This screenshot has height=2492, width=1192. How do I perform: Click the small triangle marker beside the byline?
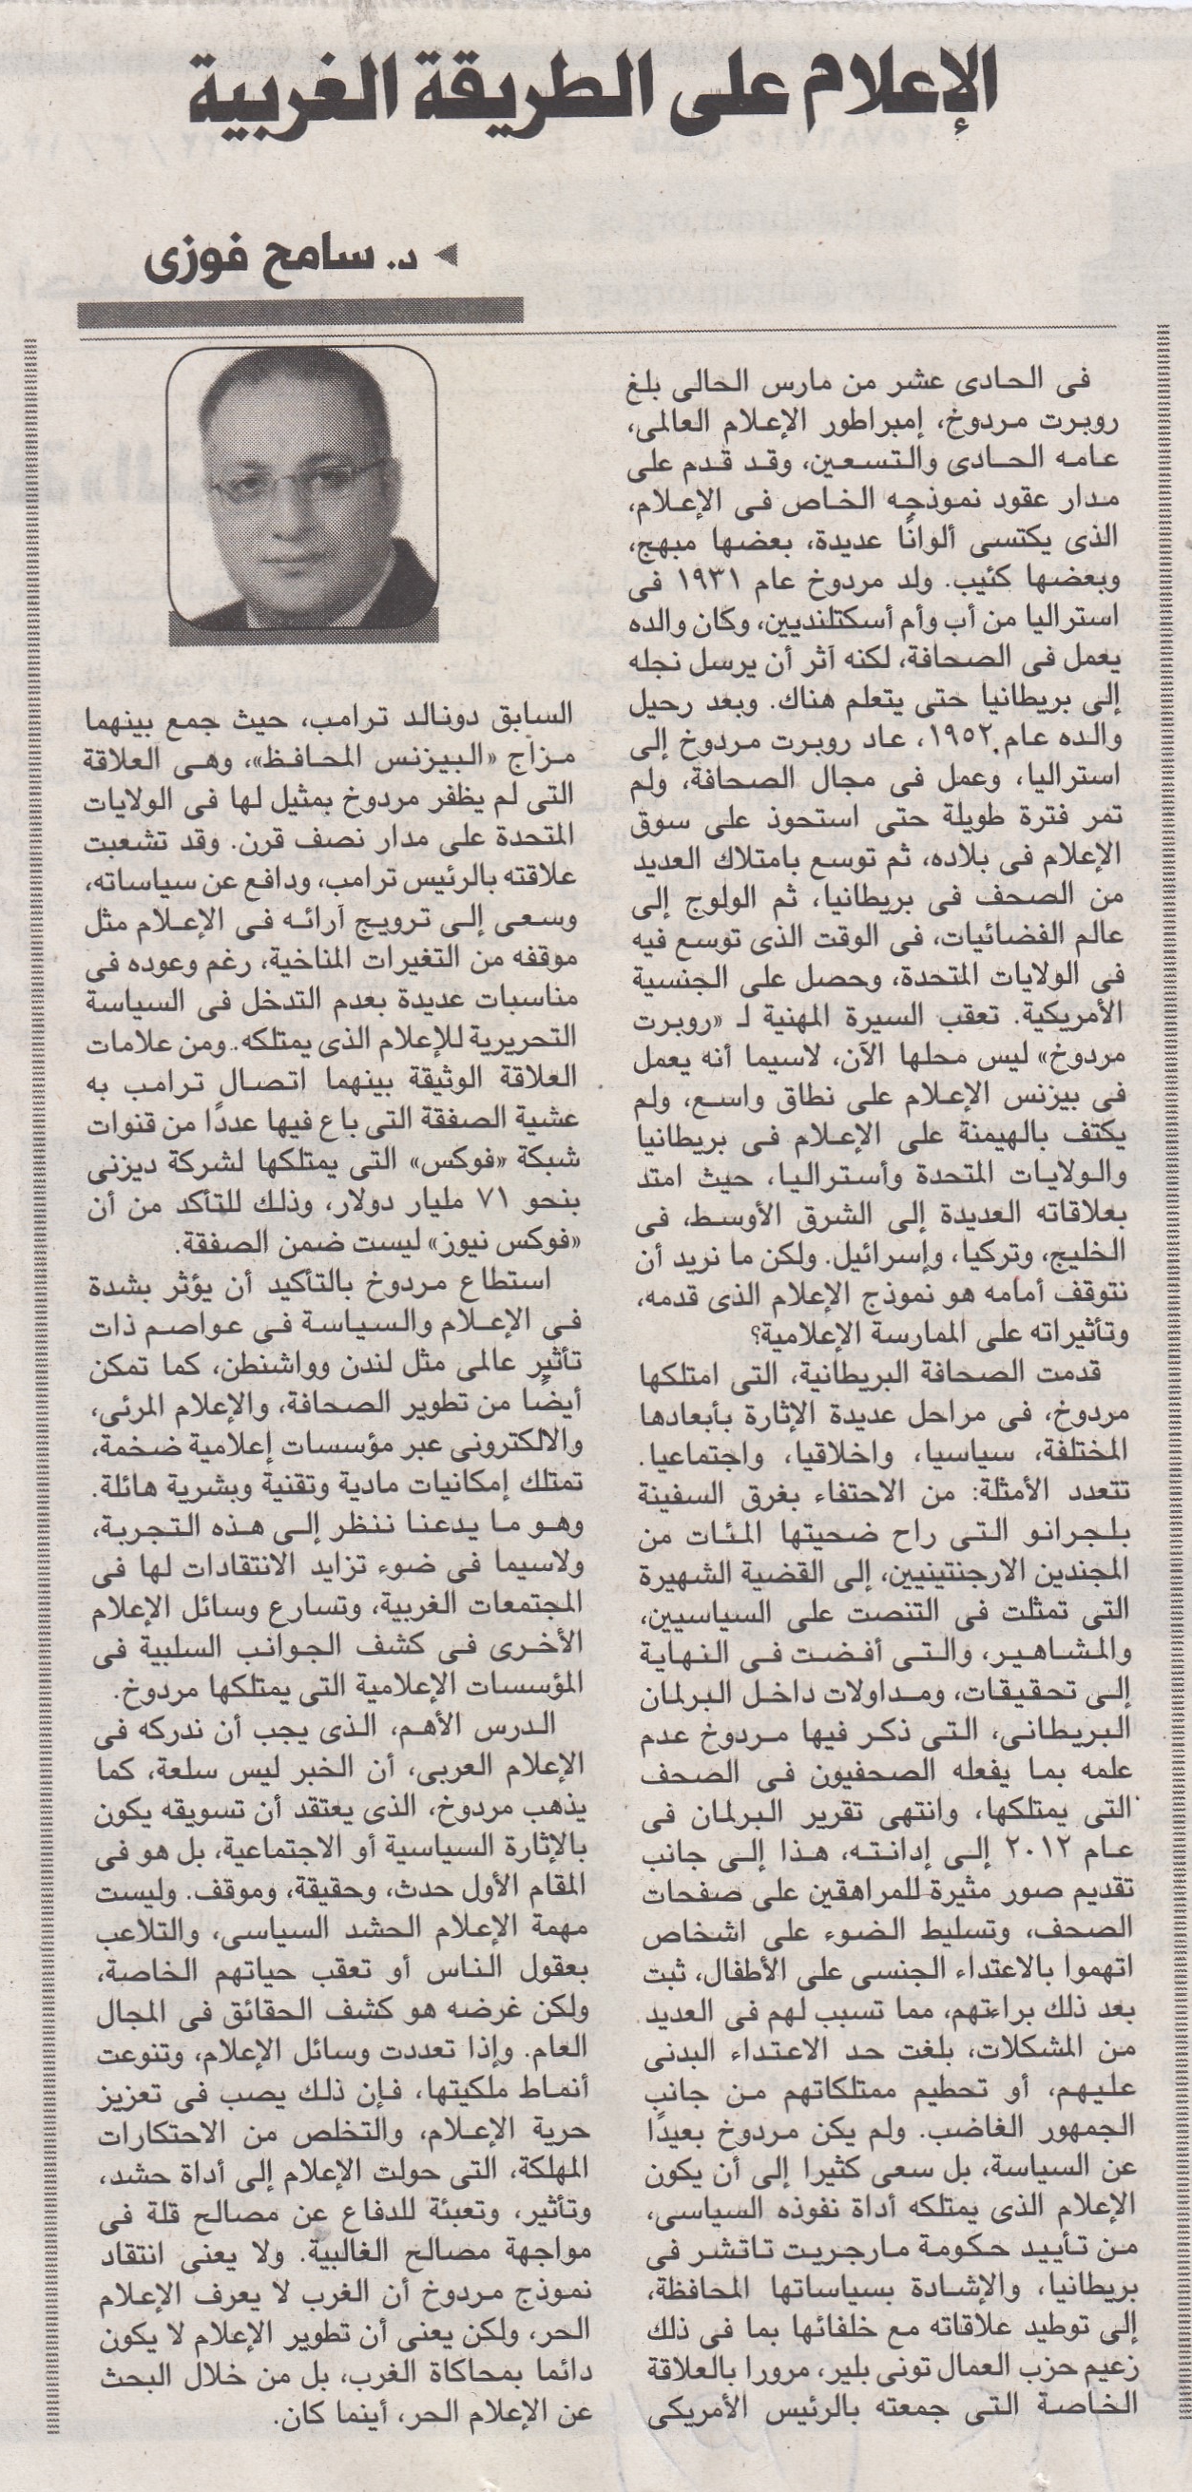(x=447, y=259)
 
